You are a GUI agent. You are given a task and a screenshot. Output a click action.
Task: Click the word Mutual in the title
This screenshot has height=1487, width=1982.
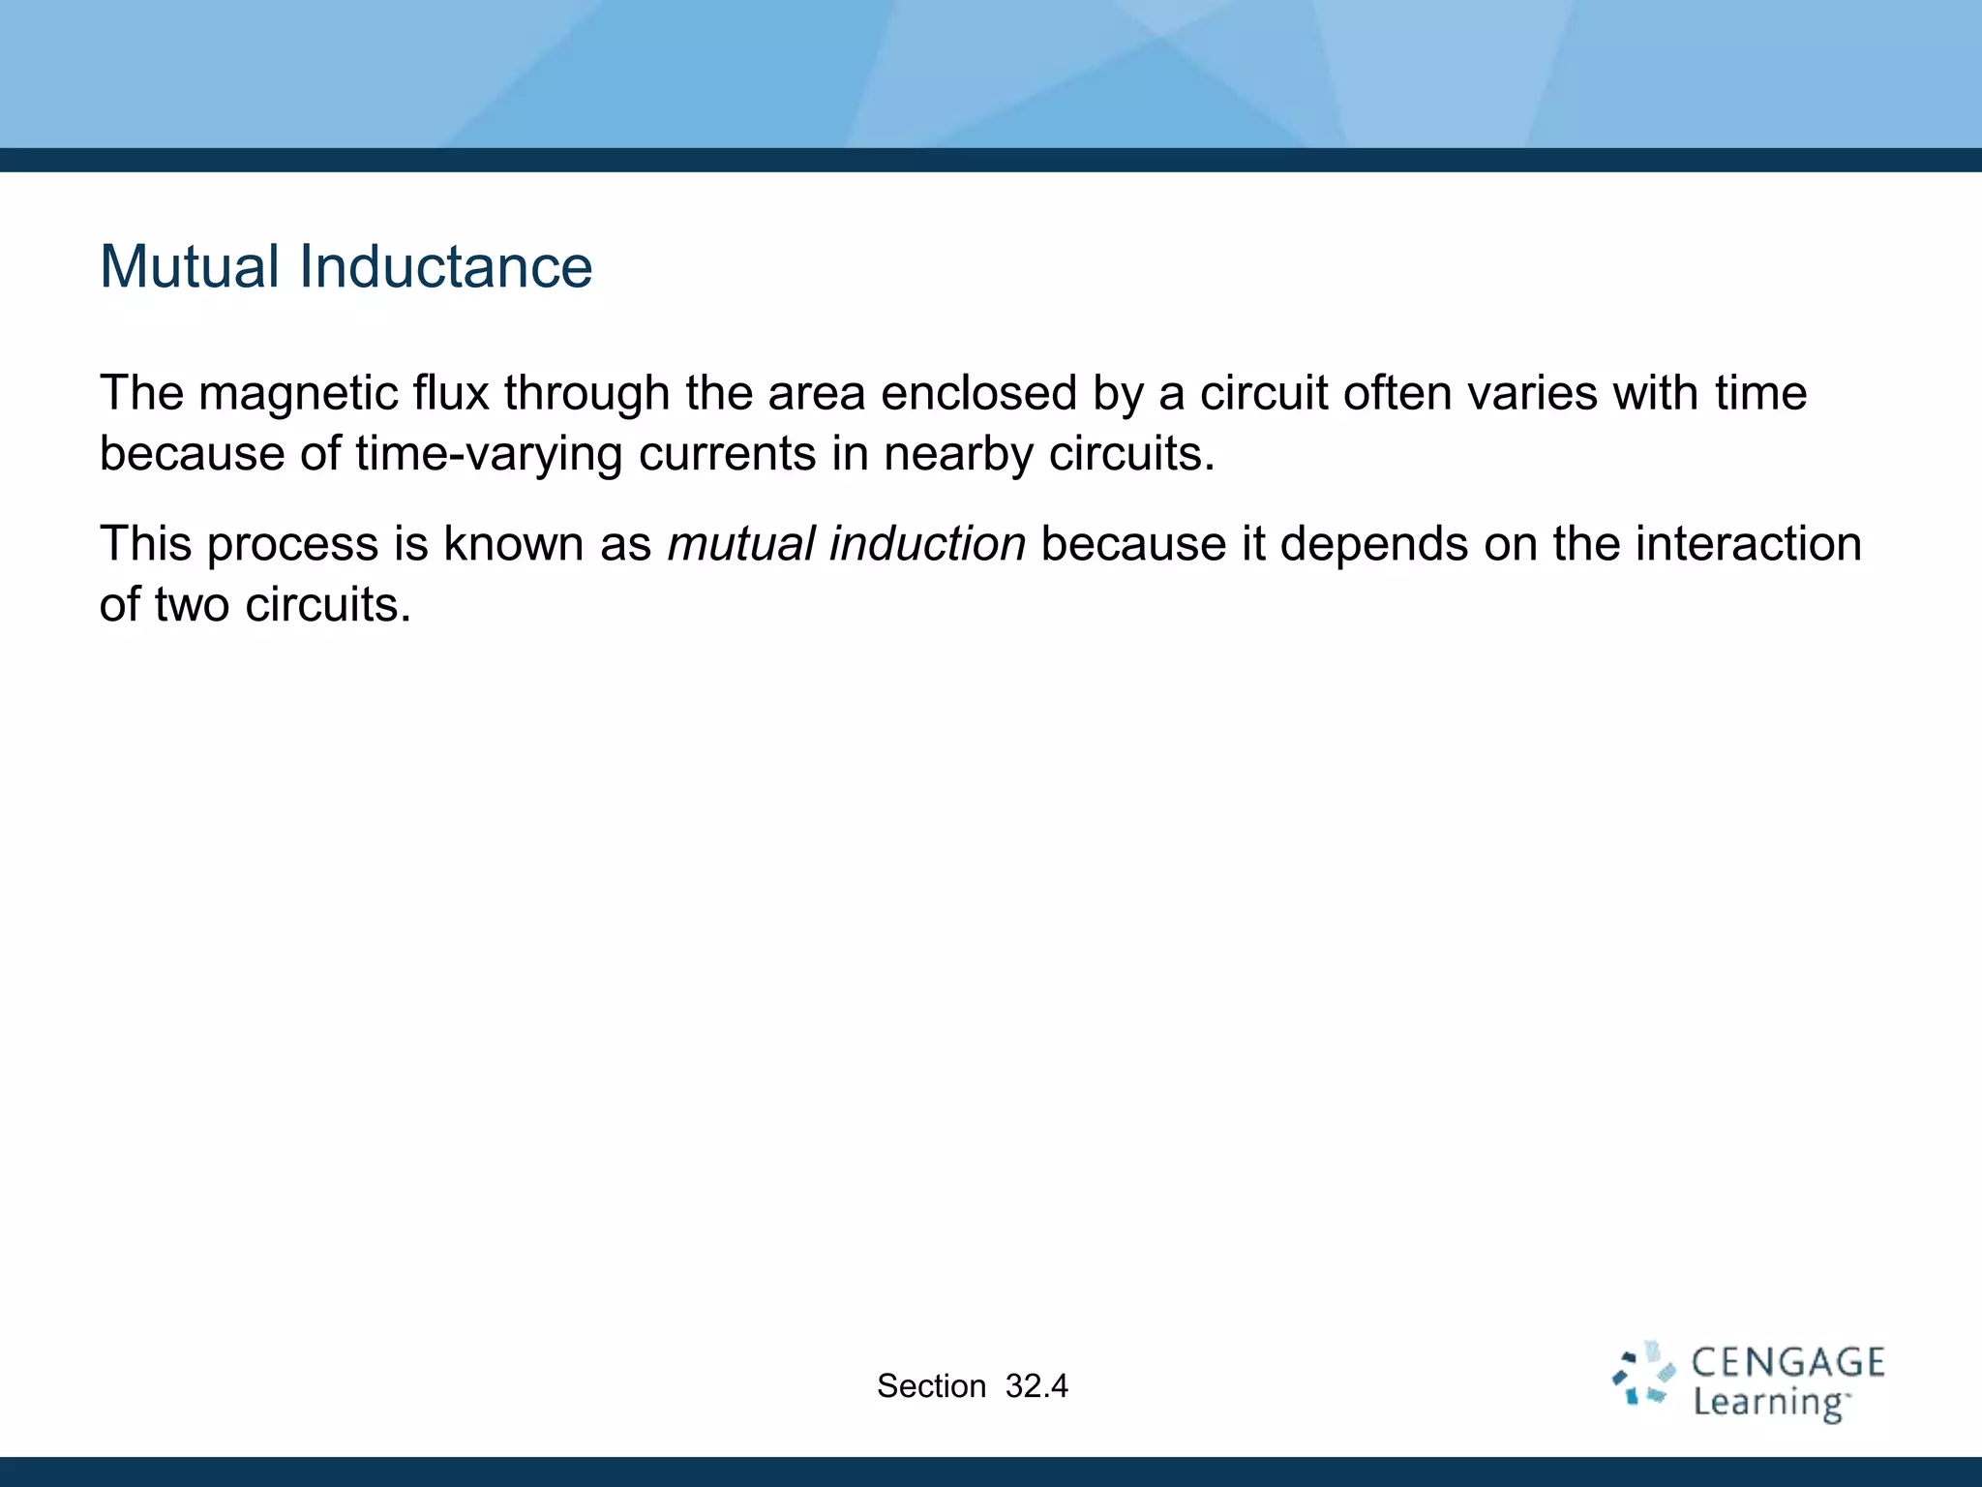pyautogui.click(x=190, y=267)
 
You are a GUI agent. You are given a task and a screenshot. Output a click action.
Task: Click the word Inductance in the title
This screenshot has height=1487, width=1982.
pyautogui.click(x=445, y=267)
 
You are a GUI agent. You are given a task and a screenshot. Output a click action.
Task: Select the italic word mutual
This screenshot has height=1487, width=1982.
pyautogui.click(x=741, y=544)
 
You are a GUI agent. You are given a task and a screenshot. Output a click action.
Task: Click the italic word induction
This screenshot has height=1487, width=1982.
pyautogui.click(x=927, y=544)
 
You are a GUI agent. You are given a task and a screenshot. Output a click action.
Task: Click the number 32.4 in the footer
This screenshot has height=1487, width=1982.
pyautogui.click(x=1036, y=1386)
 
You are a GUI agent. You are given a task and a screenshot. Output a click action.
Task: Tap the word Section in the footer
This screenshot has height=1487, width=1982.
pyautogui.click(x=931, y=1386)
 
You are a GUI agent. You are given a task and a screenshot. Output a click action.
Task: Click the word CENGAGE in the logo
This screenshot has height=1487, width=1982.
pyautogui.click(x=1787, y=1363)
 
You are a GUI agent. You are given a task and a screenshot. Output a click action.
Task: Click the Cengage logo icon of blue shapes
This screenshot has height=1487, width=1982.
pyautogui.click(x=1643, y=1375)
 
